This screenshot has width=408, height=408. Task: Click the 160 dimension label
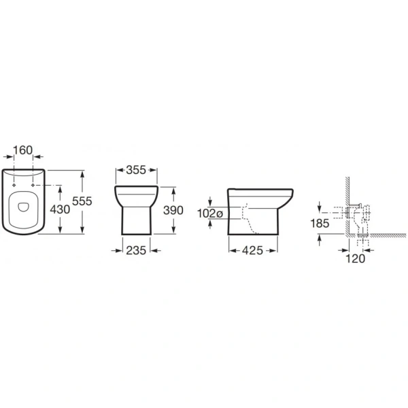coord(23,150)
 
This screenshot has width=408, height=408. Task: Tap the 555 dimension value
coord(82,201)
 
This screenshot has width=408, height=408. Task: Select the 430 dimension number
coord(60,209)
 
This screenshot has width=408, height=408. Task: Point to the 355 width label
coord(136,170)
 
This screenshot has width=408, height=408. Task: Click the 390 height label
coord(173,210)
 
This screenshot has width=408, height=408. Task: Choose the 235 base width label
coord(136,250)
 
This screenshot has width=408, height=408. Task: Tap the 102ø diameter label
coord(210,214)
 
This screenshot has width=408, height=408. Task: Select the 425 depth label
coord(253,250)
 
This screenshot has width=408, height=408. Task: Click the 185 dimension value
coord(320,223)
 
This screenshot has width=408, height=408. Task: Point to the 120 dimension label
coord(356,258)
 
